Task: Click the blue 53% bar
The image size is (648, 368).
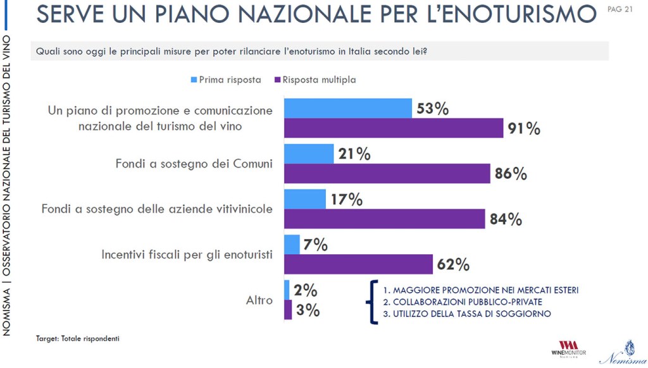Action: pyautogui.click(x=348, y=108)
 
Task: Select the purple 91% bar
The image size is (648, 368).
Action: pyautogui.click(x=394, y=128)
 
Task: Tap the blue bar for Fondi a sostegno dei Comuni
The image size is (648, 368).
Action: pyautogui.click(x=309, y=154)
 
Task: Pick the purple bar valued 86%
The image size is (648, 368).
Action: pyautogui.click(x=387, y=173)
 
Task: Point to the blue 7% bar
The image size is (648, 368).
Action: pyautogui.click(x=292, y=244)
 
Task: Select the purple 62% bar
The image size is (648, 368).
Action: pyautogui.click(x=358, y=264)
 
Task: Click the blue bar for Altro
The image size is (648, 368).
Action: pyautogui.click(x=287, y=290)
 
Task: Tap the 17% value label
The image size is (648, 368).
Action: pyautogui.click(x=347, y=200)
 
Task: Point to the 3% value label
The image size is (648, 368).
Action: pyautogui.click(x=308, y=310)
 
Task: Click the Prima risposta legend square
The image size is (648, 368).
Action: pyautogui.click(x=194, y=80)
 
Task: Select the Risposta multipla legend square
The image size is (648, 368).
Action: pyautogui.click(x=277, y=80)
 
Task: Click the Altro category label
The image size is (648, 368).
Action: pyautogui.click(x=259, y=300)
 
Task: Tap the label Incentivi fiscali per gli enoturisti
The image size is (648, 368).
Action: pyautogui.click(x=187, y=255)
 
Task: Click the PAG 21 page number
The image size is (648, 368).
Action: pyautogui.click(x=620, y=9)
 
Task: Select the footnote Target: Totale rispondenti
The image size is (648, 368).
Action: pyautogui.click(x=77, y=339)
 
